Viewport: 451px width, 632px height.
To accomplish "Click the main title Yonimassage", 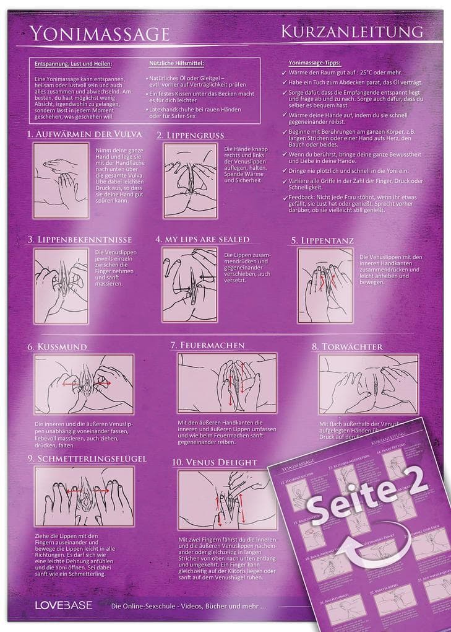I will pos(100,33).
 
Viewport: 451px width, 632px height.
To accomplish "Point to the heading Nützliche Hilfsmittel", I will pos(176,63).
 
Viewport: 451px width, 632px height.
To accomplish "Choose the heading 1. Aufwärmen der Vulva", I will pos(85,134).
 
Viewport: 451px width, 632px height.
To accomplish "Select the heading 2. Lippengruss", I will pos(191,134).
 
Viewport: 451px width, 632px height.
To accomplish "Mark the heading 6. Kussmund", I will pos(57,347).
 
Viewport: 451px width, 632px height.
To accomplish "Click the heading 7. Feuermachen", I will pos(208,345).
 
